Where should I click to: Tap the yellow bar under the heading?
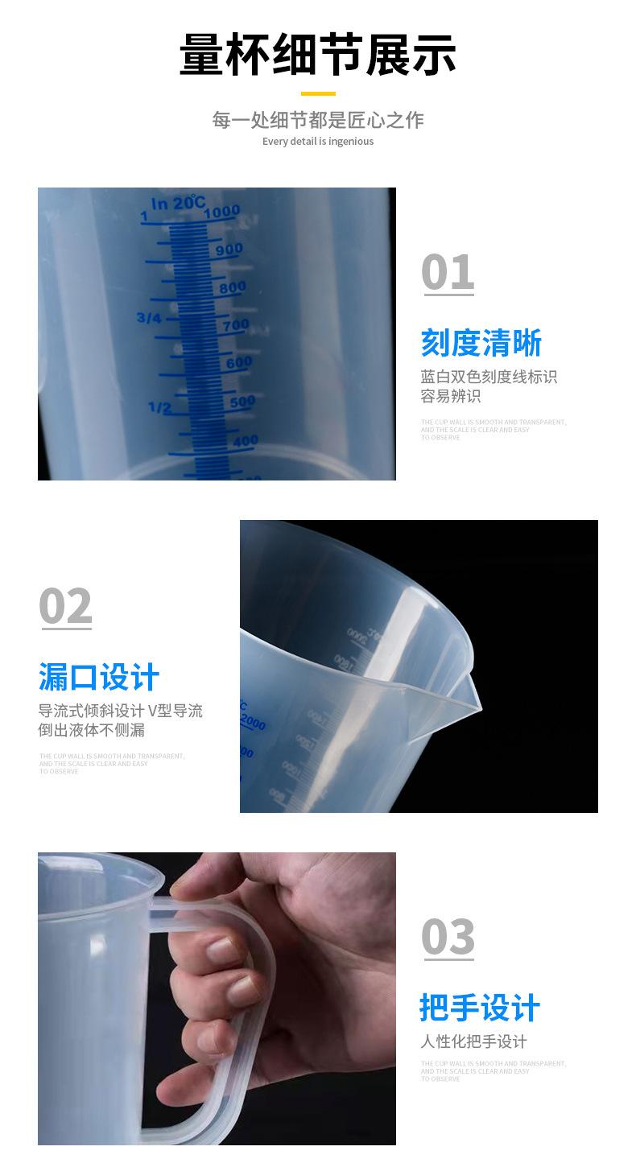[x=317, y=94]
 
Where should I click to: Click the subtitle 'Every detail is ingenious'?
[x=317, y=142]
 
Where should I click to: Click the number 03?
[x=448, y=937]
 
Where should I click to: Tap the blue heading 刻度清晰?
[x=481, y=344]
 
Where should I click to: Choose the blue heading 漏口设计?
[x=99, y=678]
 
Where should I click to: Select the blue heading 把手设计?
[x=479, y=1008]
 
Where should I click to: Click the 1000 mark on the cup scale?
[x=221, y=212]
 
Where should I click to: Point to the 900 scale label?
[x=228, y=250]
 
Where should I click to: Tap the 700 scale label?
[x=235, y=325]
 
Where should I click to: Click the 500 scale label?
[x=242, y=401]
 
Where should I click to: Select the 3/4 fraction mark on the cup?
[x=149, y=318]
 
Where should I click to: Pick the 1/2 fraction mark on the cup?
[x=159, y=407]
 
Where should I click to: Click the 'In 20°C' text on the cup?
[x=178, y=203]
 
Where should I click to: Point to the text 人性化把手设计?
[x=473, y=1041]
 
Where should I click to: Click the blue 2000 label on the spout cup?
[x=252, y=723]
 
